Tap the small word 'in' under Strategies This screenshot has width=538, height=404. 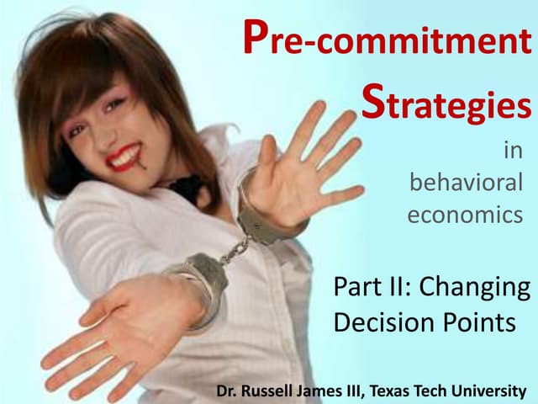pos(512,151)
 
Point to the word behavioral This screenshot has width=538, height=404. pos(465,183)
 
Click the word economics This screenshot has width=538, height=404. pos(465,215)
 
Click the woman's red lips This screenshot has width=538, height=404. pos(124,155)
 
